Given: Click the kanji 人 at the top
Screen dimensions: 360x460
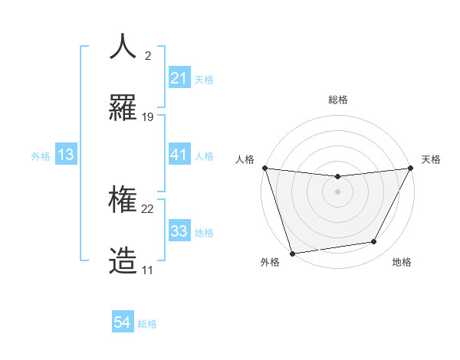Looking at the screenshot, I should click(123, 47).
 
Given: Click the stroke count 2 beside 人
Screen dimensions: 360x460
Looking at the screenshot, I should click(148, 56).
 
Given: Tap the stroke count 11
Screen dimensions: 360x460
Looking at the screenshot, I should click(148, 270).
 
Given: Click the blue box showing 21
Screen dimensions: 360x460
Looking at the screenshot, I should click(179, 78).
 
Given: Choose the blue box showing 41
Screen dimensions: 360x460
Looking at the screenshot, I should click(179, 155).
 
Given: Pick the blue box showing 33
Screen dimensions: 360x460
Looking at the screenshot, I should click(179, 231).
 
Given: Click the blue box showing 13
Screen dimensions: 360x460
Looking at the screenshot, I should click(66, 155).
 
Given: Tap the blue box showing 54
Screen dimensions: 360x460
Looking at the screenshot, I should click(123, 323).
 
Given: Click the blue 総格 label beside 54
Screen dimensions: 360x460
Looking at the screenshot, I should click(147, 324).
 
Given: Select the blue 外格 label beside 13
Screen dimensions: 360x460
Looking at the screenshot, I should click(41, 155).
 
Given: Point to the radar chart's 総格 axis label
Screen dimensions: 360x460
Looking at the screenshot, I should click(337, 100).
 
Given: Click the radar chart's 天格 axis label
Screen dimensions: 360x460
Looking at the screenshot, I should click(431, 159).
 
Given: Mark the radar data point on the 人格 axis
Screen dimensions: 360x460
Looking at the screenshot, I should click(264, 168).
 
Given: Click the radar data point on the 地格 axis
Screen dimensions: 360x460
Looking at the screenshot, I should click(374, 242).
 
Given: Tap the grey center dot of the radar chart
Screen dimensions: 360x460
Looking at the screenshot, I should click(337, 191).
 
